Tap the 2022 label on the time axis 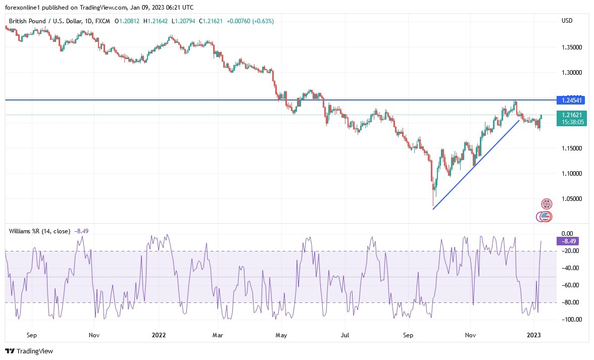tap(159, 335)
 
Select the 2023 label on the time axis tap(534, 335)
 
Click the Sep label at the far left tap(31, 335)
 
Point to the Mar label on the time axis tap(218, 335)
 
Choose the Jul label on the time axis tap(345, 335)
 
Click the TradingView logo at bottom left tap(29, 351)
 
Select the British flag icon tap(547, 204)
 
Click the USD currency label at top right tap(567, 21)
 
